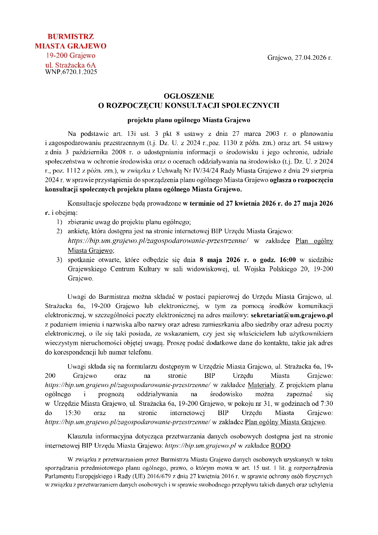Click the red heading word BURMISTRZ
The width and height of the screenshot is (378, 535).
tap(71, 36)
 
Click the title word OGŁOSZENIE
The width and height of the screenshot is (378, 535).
tap(189, 97)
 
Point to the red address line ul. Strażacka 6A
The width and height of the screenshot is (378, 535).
tap(71, 65)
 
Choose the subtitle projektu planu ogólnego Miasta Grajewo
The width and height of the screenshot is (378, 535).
tap(189, 120)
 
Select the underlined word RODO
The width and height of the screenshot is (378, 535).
tap(280, 446)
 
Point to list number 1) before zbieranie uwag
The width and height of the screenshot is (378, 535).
tap(59, 222)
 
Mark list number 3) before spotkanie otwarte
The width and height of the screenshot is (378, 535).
tap(59, 260)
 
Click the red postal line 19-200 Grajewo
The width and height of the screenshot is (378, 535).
tap(71, 56)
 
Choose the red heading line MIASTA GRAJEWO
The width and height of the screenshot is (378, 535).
tap(71, 46)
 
